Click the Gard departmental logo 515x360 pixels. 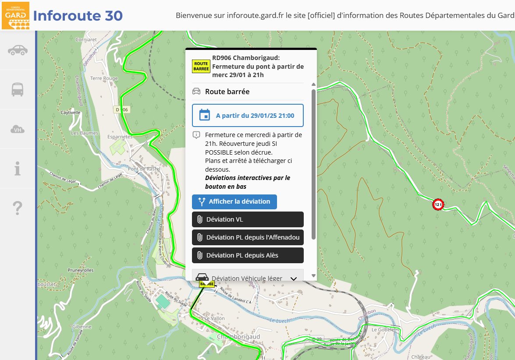[x=16, y=15]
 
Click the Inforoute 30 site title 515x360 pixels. [x=78, y=16]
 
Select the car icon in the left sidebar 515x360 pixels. [x=18, y=50]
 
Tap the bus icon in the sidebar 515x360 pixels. [x=18, y=89]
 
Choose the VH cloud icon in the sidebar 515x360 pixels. [x=18, y=129]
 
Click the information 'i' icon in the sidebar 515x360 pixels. [x=18, y=169]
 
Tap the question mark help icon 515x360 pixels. [x=18, y=208]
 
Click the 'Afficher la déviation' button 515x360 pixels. [x=234, y=202]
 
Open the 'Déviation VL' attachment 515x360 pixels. [x=248, y=219]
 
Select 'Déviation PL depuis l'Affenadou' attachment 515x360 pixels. [x=248, y=237]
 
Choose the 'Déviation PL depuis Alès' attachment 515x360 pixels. [x=248, y=255]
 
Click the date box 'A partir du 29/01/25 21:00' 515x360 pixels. [x=248, y=116]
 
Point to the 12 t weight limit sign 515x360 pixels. [x=438, y=204]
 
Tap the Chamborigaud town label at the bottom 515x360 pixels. [x=238, y=336]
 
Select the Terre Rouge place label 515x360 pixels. [x=104, y=78]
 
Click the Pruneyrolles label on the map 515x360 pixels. [x=81, y=270]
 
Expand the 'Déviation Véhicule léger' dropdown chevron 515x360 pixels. [x=294, y=279]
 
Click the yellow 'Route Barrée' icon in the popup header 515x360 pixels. [x=201, y=66]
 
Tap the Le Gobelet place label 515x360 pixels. [x=384, y=329]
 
